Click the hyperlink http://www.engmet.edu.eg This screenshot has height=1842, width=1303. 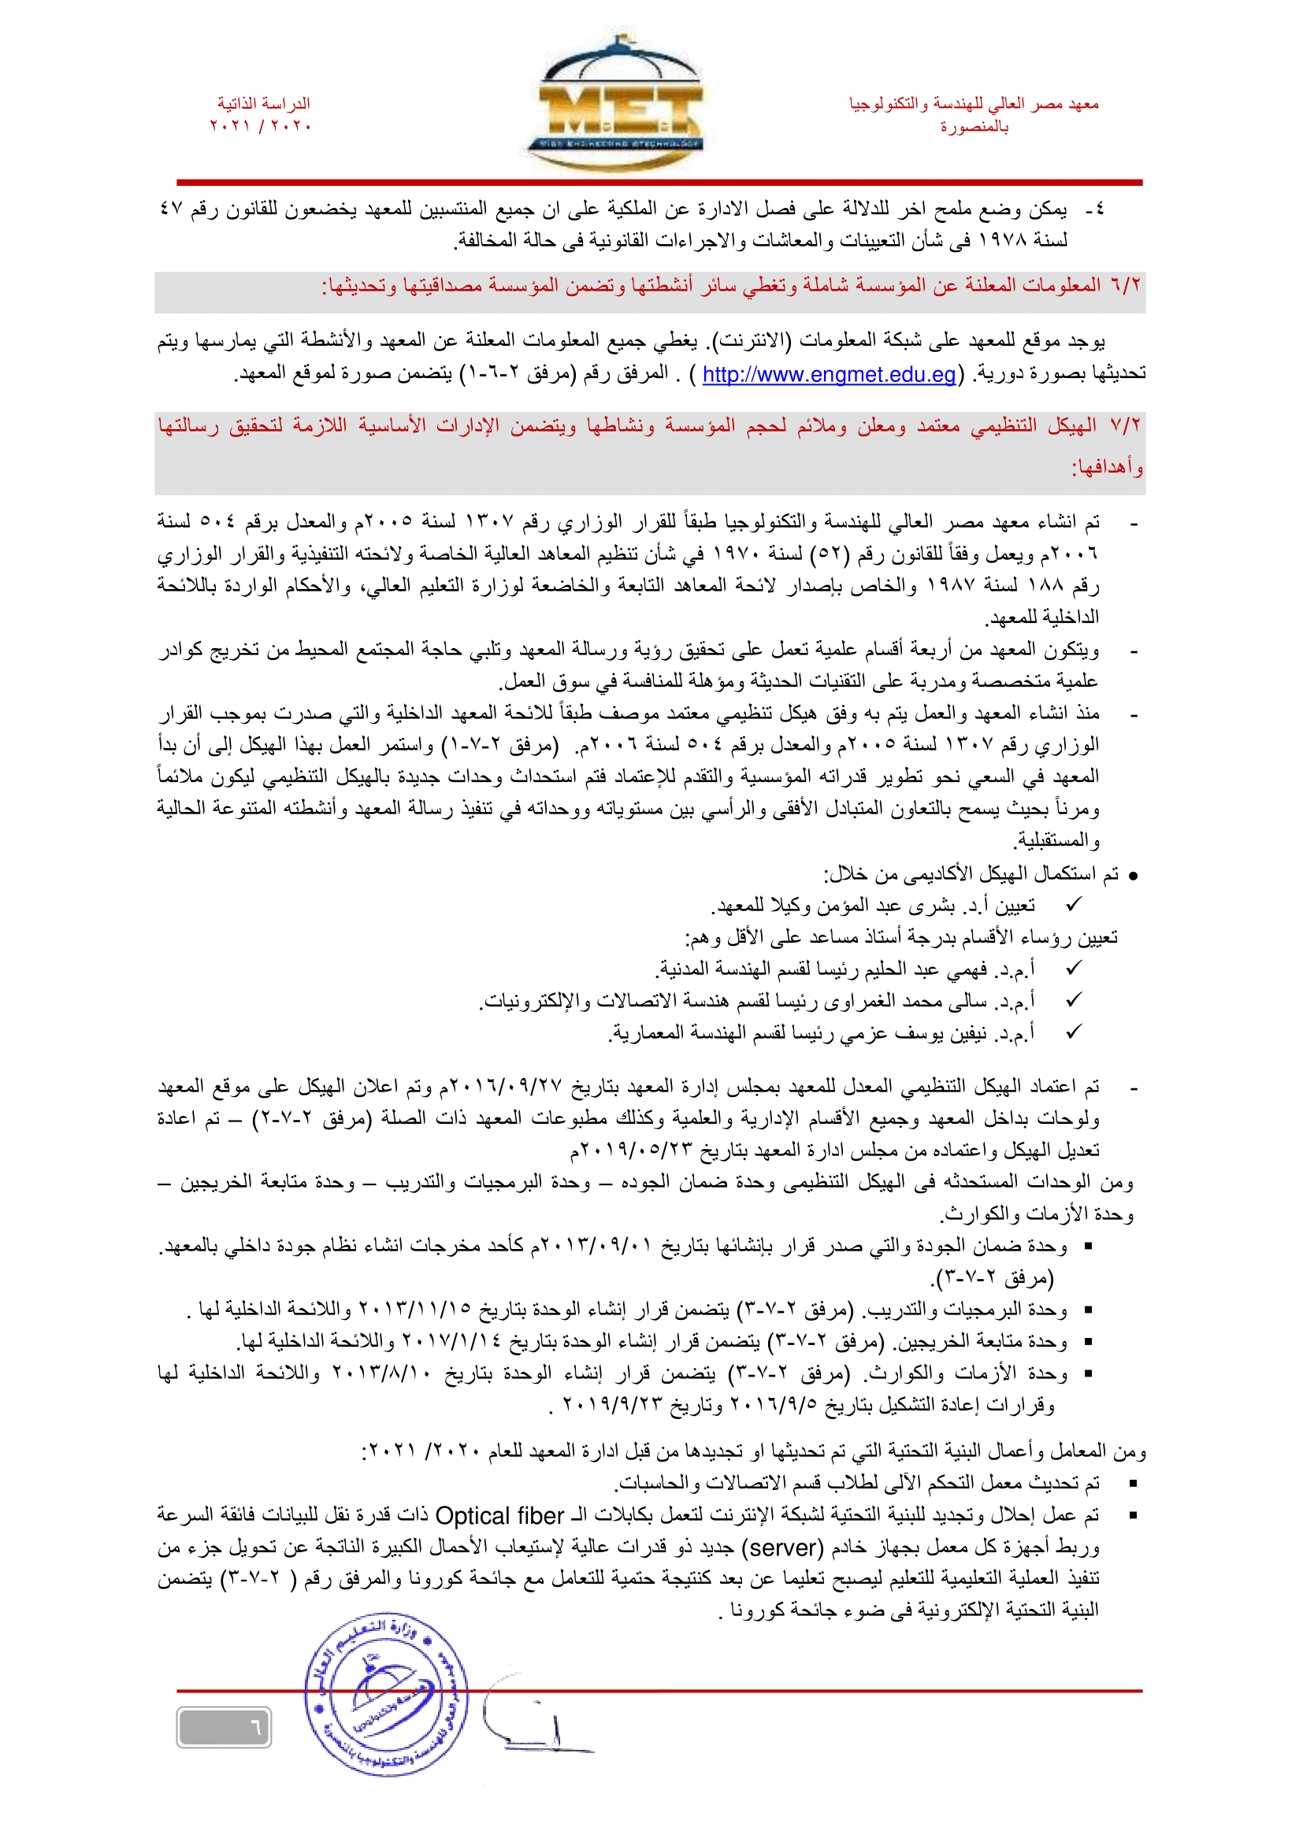click(x=829, y=375)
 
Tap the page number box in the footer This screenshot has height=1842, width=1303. click(x=224, y=1726)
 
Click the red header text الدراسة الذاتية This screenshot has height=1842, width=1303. click(x=263, y=103)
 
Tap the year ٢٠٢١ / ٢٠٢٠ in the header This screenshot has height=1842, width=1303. click(x=261, y=126)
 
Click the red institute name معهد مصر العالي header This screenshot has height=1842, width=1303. click(x=974, y=103)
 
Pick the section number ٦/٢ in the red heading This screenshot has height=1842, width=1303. click(x=1125, y=286)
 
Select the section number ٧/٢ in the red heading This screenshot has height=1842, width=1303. click(x=1125, y=425)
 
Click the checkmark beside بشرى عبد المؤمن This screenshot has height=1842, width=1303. click(x=1074, y=905)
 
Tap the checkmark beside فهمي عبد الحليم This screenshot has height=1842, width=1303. click(x=1074, y=969)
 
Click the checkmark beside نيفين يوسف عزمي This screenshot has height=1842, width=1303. click(x=1074, y=1032)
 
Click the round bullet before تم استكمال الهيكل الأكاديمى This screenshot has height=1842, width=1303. click(x=1133, y=876)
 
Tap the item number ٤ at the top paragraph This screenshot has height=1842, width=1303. click(x=1097, y=209)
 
